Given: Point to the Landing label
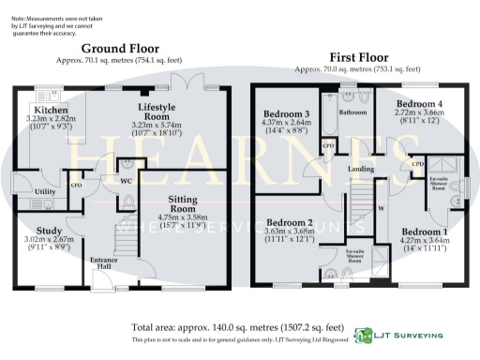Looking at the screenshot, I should (x=362, y=169).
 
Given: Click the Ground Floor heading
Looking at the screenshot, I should (x=119, y=48).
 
